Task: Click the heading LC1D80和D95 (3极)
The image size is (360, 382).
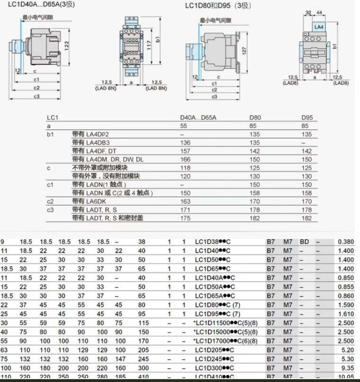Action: pyautogui.click(x=218, y=6)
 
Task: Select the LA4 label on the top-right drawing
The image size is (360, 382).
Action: pyautogui.click(x=319, y=27)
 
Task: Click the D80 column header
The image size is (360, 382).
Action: pyautogui.click(x=255, y=118)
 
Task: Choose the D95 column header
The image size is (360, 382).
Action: pyautogui.click(x=307, y=118)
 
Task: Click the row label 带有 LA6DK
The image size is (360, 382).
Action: pyautogui.click(x=91, y=201)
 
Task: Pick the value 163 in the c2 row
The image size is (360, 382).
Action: pyautogui.click(x=185, y=201)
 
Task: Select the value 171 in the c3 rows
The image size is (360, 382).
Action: pyautogui.click(x=185, y=209)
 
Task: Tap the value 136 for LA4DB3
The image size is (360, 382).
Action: pyautogui.click(x=185, y=143)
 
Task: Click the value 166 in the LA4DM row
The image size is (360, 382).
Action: pyautogui.click(x=185, y=160)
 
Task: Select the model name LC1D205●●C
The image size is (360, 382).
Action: pyautogui.click(x=218, y=350)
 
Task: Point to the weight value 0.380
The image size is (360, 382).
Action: pyautogui.click(x=346, y=242)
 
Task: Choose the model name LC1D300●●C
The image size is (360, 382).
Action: pyautogui.click(x=218, y=368)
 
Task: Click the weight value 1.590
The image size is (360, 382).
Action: pyautogui.click(x=346, y=305)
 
